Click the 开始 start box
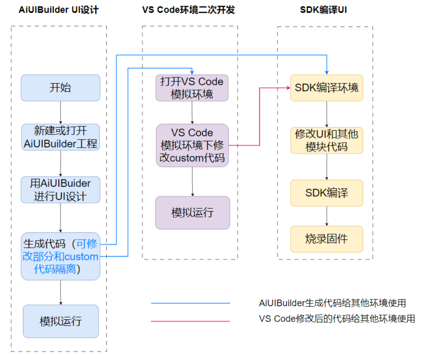pyautogui.click(x=60, y=87)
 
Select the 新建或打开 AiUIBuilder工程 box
pyautogui.click(x=61, y=137)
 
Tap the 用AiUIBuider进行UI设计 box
pyautogui.click(x=61, y=190)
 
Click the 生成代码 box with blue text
pyautogui.click(x=61, y=256)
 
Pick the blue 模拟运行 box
pyautogui.click(x=61, y=321)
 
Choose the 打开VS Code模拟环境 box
pyautogui.click(x=192, y=87)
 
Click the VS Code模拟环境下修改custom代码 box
pyautogui.click(x=192, y=145)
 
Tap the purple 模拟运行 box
pyautogui.click(x=192, y=212)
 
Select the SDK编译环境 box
pyautogui.click(x=327, y=87)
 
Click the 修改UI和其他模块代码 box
pyautogui.click(x=327, y=140)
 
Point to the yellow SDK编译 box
pyautogui.click(x=327, y=193)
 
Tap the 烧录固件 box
pyautogui.click(x=327, y=239)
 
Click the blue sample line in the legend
pyautogui.click(x=190, y=303)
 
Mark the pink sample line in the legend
pyautogui.click(x=190, y=321)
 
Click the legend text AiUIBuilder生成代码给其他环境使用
pyautogui.click(x=332, y=303)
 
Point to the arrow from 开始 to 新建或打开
pyautogui.click(x=60, y=112)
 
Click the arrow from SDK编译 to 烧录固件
pyautogui.click(x=327, y=216)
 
